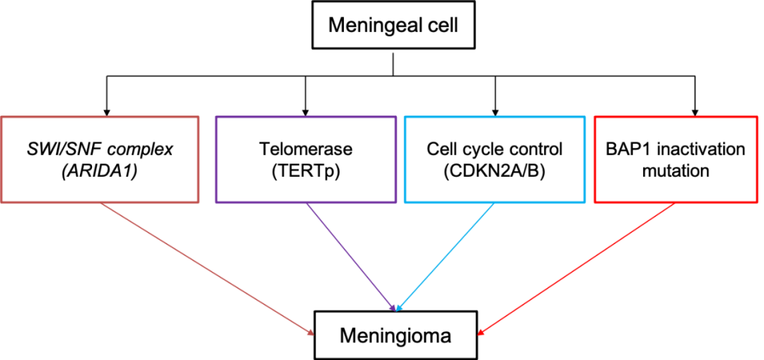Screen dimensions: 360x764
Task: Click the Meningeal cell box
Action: [393, 26]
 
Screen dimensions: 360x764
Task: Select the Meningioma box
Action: [395, 335]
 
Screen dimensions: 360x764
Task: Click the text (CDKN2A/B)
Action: [494, 170]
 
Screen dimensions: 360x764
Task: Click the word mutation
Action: [676, 170]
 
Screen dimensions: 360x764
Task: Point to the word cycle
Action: [477, 150]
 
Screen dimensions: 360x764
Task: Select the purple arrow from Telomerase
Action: [350, 257]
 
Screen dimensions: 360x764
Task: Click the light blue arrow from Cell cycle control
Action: [446, 257]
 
